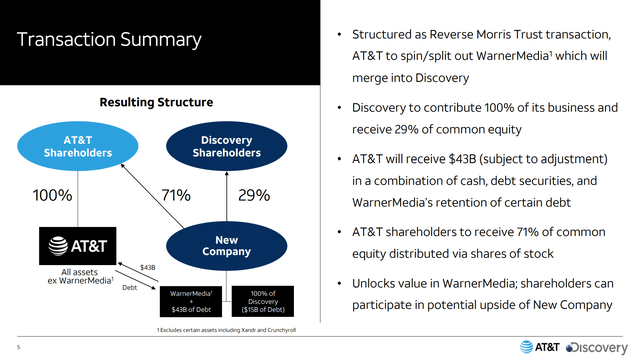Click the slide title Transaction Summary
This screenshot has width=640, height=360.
click(x=109, y=40)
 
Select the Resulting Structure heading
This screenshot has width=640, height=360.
click(x=156, y=102)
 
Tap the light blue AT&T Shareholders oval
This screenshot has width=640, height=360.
click(x=78, y=146)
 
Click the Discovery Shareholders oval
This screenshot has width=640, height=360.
click(x=227, y=146)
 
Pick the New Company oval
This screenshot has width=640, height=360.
click(x=227, y=246)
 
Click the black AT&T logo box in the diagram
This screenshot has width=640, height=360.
click(x=78, y=246)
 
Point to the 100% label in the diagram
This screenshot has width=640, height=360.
click(x=53, y=195)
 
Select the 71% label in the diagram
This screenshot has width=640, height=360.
click(x=176, y=195)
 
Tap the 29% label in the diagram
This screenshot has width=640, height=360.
click(x=254, y=195)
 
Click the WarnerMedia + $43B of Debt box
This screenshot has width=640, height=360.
click(x=191, y=301)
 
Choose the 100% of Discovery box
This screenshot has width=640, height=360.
click(x=263, y=301)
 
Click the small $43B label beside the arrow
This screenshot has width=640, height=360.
click(x=148, y=267)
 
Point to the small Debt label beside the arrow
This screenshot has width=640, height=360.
click(x=130, y=287)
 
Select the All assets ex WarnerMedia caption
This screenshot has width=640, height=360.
click(x=80, y=276)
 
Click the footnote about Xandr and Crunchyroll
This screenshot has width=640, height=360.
click(x=227, y=330)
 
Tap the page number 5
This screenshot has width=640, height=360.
click(x=18, y=347)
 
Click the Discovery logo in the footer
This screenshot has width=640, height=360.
click(x=597, y=347)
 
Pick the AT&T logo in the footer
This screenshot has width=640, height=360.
click(x=540, y=347)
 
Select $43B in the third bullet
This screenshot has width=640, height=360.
click(x=462, y=159)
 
